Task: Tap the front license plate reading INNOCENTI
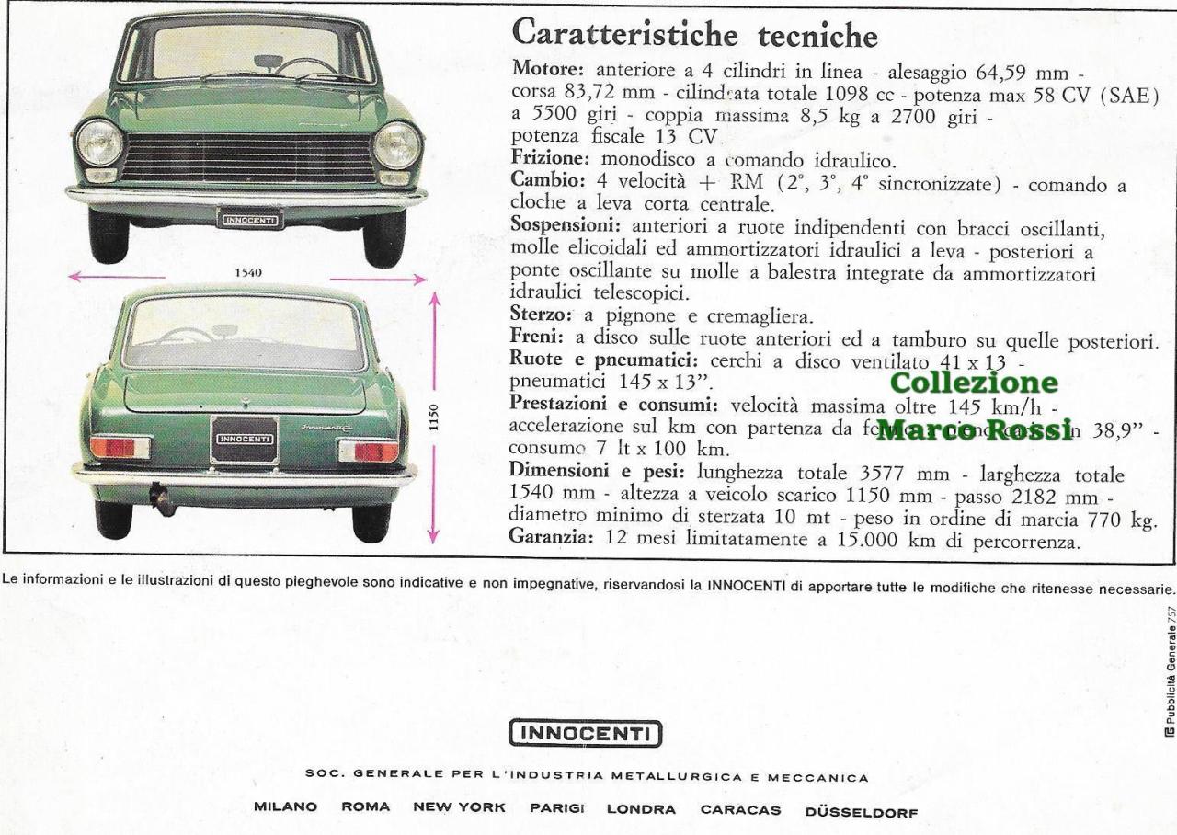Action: tap(249, 219)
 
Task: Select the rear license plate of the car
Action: tap(244, 439)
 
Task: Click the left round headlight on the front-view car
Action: tap(99, 144)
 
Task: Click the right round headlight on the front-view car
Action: tap(397, 145)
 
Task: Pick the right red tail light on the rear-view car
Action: tap(369, 451)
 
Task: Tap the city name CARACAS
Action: tap(740, 809)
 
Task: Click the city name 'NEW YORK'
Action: tap(460, 809)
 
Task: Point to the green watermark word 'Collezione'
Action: tap(974, 381)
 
